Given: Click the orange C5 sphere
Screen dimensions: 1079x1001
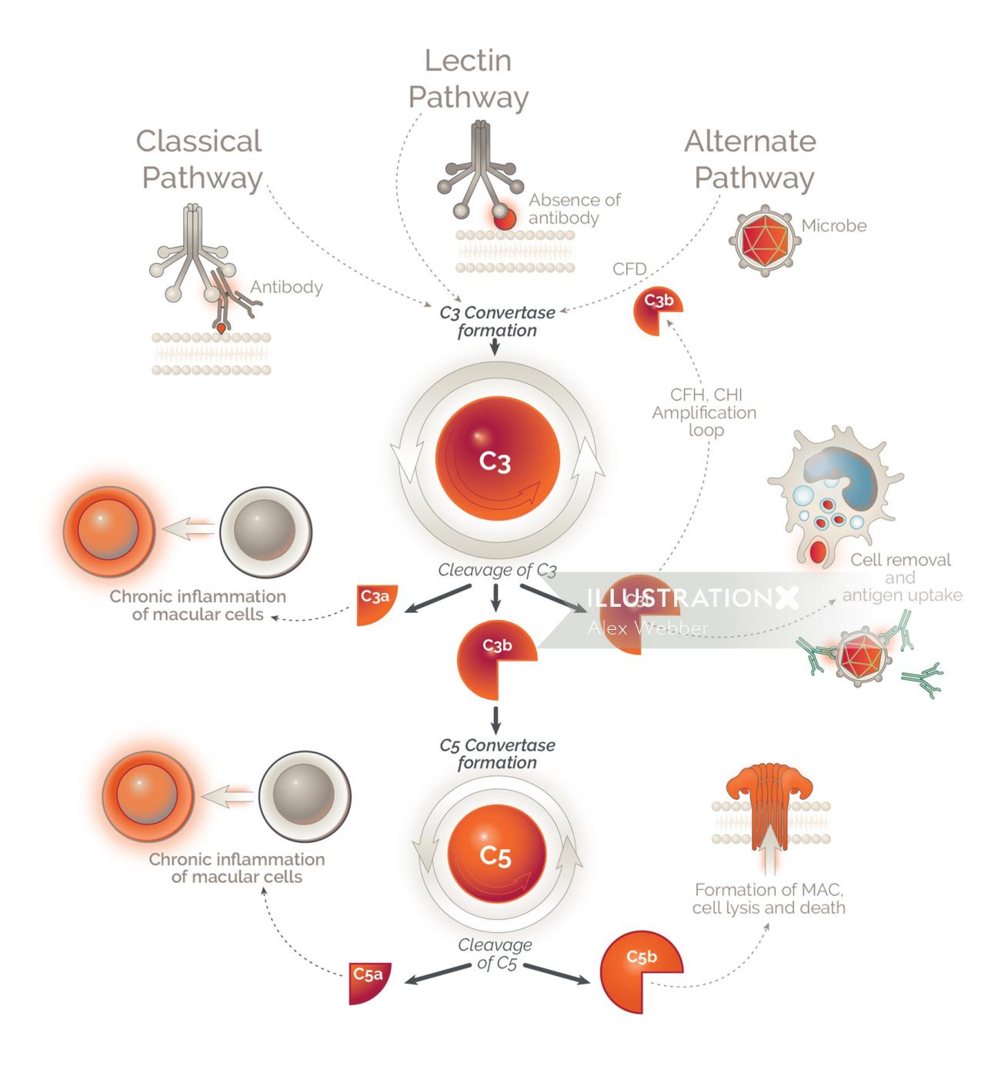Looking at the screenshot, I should coord(496,854).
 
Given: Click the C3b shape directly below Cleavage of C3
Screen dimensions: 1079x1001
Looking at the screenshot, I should coord(493,657).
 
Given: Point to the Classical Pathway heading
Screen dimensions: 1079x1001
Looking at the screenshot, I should coord(200,159).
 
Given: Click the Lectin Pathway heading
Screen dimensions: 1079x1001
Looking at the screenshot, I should coord(468,78).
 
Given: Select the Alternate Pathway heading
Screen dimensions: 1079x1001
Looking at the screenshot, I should coord(751,159).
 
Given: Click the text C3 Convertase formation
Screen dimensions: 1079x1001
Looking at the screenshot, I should coord(497,321).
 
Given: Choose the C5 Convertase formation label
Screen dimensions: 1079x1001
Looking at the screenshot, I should coord(497,754).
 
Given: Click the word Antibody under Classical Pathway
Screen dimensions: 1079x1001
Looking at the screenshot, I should coord(286,288).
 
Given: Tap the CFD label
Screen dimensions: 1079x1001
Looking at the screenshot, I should coord(629,268).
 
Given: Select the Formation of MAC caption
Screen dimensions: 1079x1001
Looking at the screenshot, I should coord(769,898).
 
